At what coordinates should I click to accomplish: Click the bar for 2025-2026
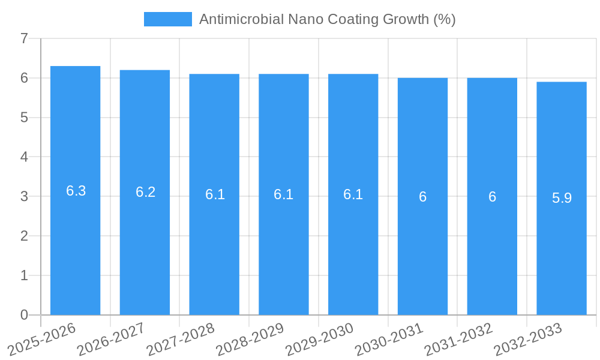click(75, 252)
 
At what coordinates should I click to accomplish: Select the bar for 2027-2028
click(214, 252)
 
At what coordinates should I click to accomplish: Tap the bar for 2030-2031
click(422, 252)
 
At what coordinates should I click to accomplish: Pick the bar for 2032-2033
click(562, 252)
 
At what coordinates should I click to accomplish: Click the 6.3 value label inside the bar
click(76, 191)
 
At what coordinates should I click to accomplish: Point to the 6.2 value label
click(145, 192)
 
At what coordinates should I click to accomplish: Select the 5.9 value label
click(562, 198)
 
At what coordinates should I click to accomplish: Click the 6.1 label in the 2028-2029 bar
click(283, 194)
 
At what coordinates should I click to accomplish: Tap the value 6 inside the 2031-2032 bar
click(492, 197)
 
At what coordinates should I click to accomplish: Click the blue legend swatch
click(167, 19)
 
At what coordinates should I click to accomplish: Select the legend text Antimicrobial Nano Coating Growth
click(327, 19)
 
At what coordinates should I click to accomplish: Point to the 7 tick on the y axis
click(24, 38)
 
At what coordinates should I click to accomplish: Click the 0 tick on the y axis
click(24, 315)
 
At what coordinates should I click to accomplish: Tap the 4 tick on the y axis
click(24, 157)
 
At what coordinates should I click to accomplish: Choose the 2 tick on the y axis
click(24, 236)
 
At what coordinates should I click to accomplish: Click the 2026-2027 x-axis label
click(112, 339)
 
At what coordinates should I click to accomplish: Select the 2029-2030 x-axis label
click(320, 339)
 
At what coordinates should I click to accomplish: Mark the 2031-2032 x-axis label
click(459, 339)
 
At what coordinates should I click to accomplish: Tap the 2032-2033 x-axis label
click(529, 339)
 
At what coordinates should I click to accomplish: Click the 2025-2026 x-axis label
click(42, 339)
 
